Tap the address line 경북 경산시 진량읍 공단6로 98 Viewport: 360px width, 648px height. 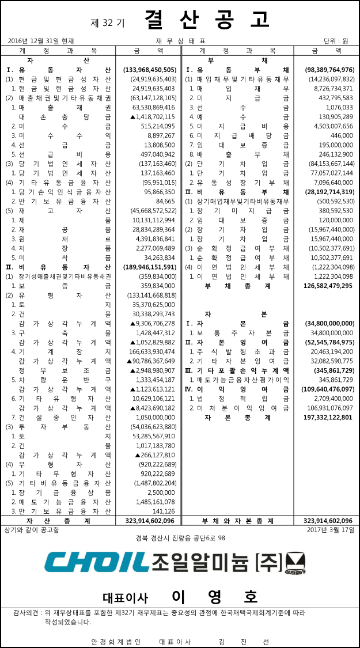pyautogui.click(x=180, y=538)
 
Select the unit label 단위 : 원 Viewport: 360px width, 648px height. pyautogui.click(x=336, y=41)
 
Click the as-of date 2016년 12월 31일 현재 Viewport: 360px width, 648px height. pyautogui.click(x=41, y=41)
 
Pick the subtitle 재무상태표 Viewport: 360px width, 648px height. pyautogui.click(x=180, y=41)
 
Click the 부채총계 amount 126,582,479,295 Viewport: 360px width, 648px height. pyautogui.click(x=323, y=286)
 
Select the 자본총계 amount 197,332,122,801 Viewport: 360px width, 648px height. pyautogui.click(x=323, y=418)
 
